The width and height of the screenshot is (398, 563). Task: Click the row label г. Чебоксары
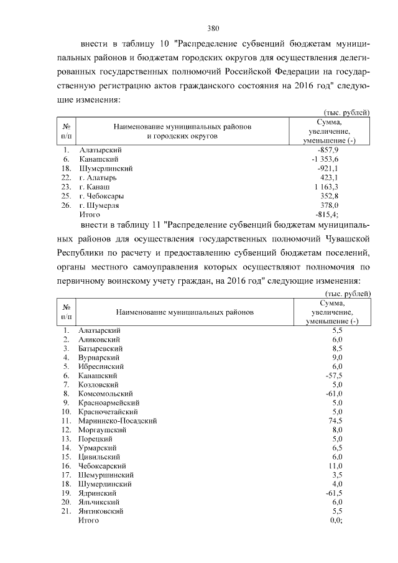(101, 196)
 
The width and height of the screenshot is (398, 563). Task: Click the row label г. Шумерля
(99, 205)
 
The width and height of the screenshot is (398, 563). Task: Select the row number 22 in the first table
(65, 178)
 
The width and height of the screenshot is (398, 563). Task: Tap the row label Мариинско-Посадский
(118, 421)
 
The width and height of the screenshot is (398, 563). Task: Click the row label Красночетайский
(108, 412)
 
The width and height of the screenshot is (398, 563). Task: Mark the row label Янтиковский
(101, 511)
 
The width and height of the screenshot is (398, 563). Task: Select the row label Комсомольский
(106, 394)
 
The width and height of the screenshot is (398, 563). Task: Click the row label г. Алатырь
(98, 178)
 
